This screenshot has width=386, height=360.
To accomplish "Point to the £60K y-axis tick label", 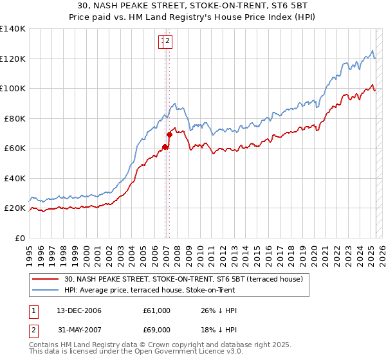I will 15,148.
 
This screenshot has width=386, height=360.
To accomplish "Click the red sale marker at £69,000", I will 170,134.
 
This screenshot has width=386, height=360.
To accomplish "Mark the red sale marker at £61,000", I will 165,147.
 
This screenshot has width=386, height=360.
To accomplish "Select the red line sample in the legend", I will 46,278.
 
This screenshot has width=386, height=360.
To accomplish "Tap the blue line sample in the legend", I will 46,289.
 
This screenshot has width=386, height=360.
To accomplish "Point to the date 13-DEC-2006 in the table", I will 79,310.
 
